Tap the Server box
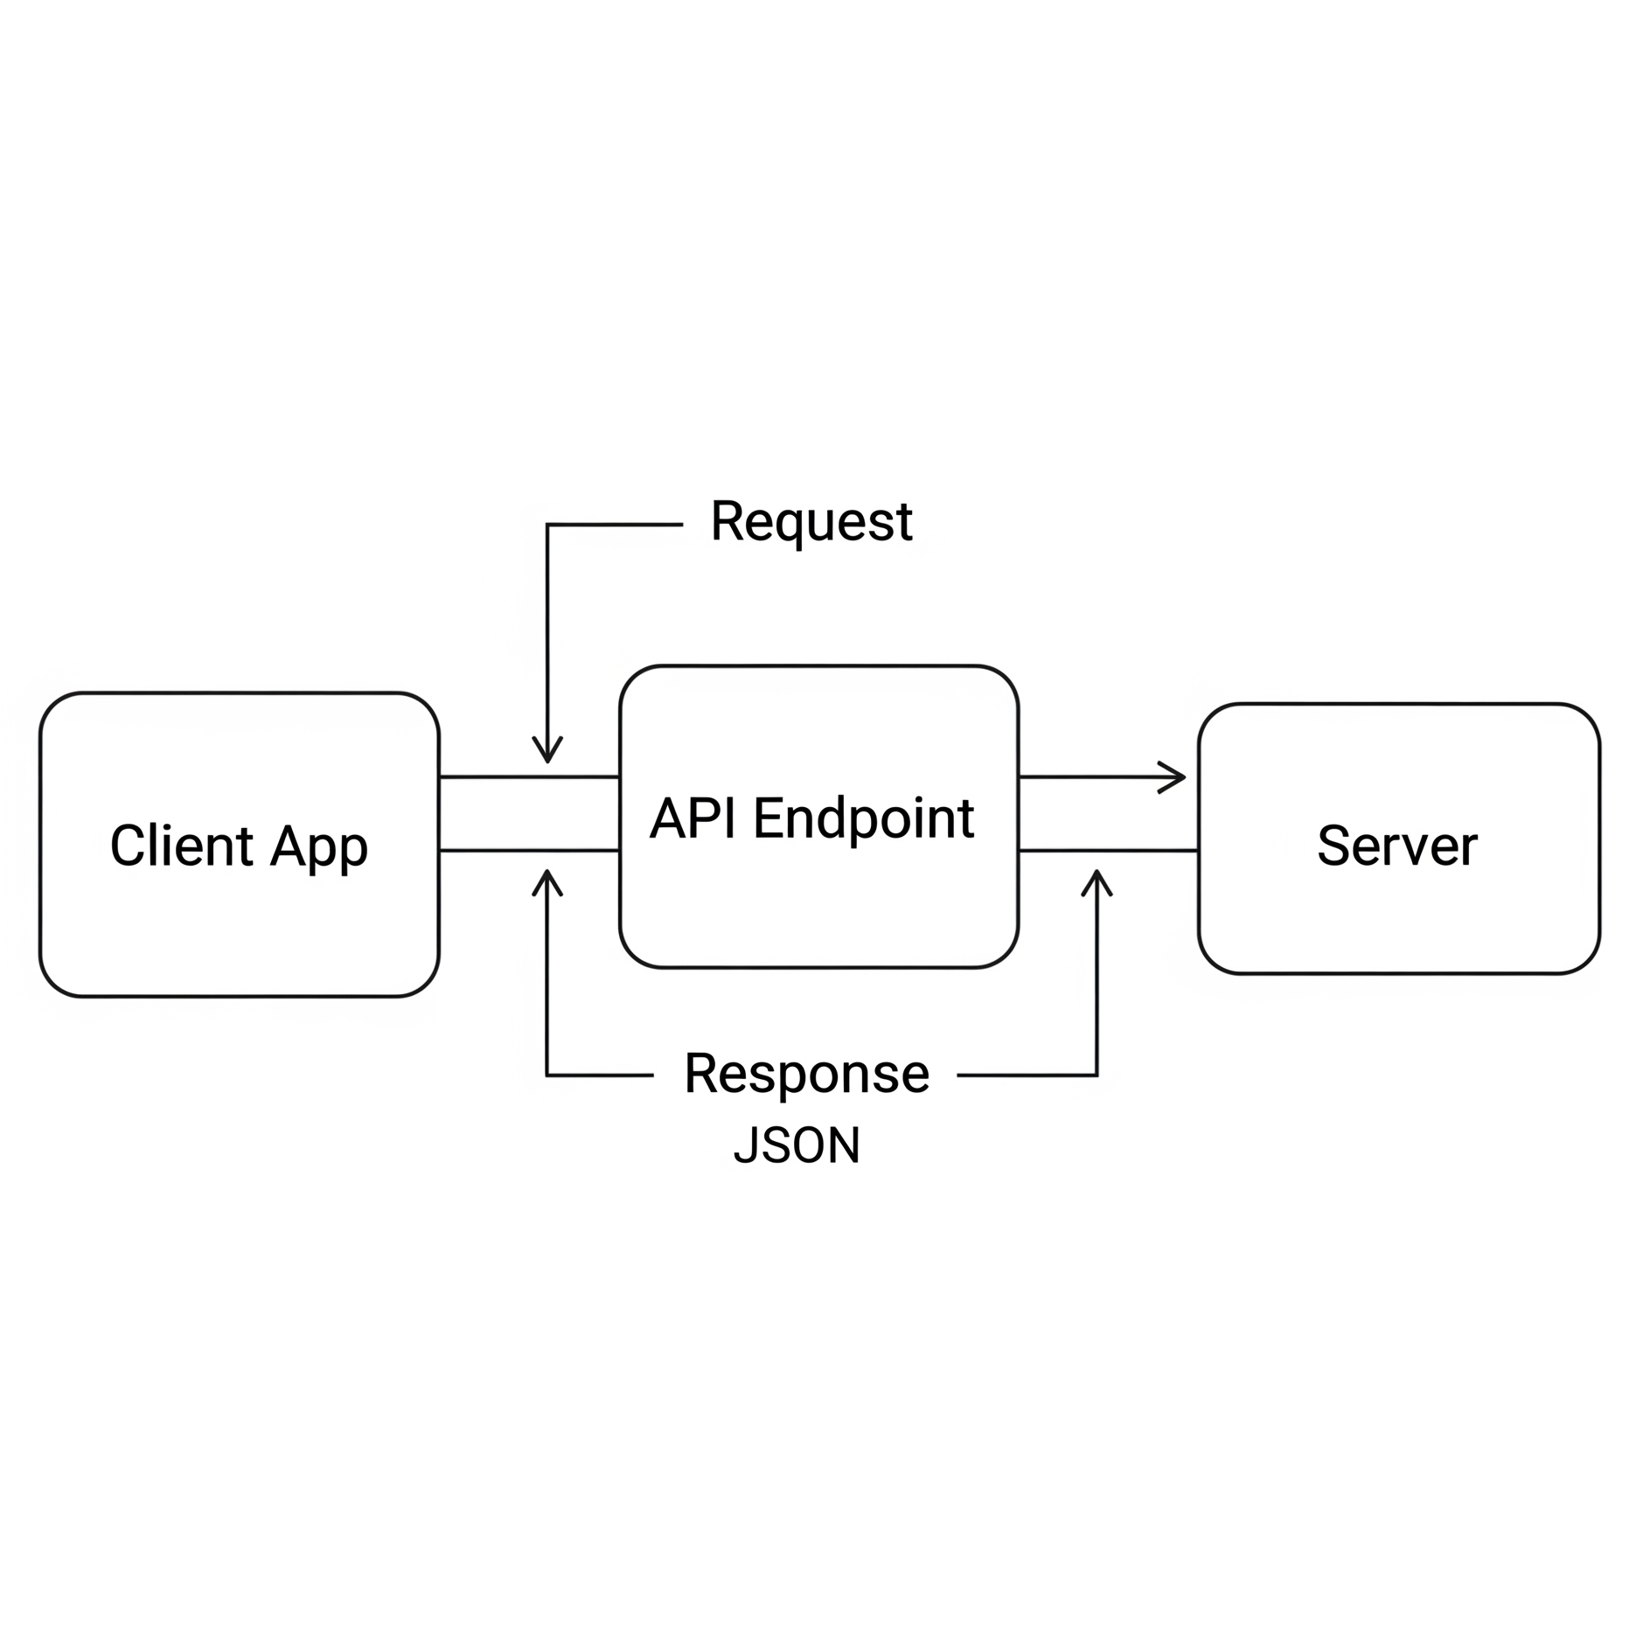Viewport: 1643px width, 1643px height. point(1397,918)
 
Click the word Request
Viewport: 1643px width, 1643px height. point(811,522)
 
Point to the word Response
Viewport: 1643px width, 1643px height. point(805,1074)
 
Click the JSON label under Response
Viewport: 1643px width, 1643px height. point(796,1145)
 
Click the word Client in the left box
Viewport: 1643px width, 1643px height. point(181,846)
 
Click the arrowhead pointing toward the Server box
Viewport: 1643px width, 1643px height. point(1174,776)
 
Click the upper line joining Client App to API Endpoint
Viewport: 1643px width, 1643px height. point(528,776)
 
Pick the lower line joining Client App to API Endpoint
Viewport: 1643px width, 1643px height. point(528,850)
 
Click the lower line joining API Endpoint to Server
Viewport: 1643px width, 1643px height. point(1108,850)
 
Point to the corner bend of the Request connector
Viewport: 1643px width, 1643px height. point(547,525)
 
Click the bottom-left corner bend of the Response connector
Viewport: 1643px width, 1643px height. point(547,1075)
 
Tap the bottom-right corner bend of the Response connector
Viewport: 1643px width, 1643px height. point(1096,1075)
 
